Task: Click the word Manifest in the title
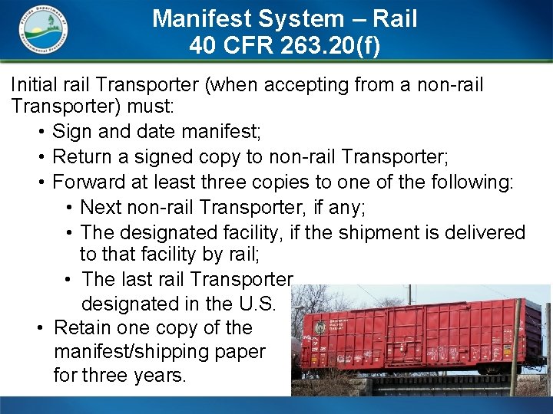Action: pyautogui.click(x=194, y=18)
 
